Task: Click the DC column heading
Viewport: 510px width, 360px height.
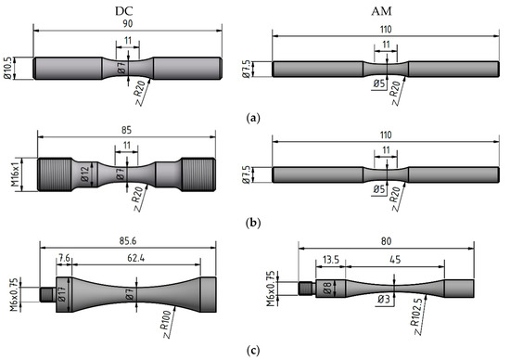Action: (x=124, y=11)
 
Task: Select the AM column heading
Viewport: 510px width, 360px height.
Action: (x=381, y=11)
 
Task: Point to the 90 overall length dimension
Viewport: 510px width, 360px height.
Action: (x=128, y=24)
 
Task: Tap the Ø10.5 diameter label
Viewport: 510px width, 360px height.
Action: (x=7, y=68)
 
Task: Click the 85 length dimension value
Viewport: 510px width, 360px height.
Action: (x=126, y=130)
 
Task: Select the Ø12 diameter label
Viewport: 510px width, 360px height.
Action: (x=84, y=174)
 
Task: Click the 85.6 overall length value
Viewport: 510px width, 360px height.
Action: (x=128, y=241)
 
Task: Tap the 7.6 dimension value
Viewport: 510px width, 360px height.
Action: (x=64, y=258)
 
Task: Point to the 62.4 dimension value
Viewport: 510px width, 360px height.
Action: (x=136, y=258)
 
